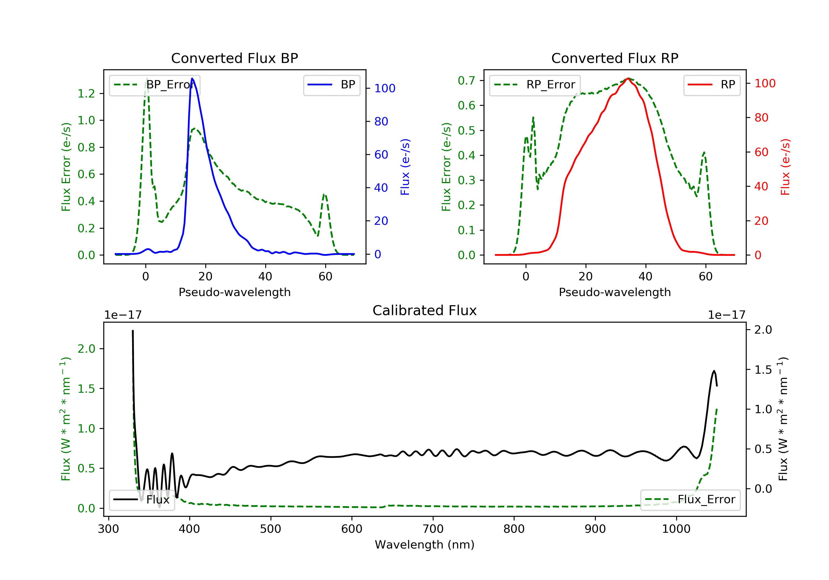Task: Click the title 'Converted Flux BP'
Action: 234,58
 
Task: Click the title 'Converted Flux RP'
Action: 615,58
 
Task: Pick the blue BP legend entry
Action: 331,85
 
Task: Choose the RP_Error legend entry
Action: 535,85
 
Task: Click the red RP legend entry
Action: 712,85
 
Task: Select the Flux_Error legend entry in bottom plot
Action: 690,500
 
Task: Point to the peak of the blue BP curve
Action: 192,78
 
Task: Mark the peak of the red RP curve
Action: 628,78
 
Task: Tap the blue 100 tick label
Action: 385,88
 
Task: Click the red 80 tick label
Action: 761,118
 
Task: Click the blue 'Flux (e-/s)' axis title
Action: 405,167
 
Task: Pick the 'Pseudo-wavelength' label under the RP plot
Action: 615,292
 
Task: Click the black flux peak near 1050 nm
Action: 714,371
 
